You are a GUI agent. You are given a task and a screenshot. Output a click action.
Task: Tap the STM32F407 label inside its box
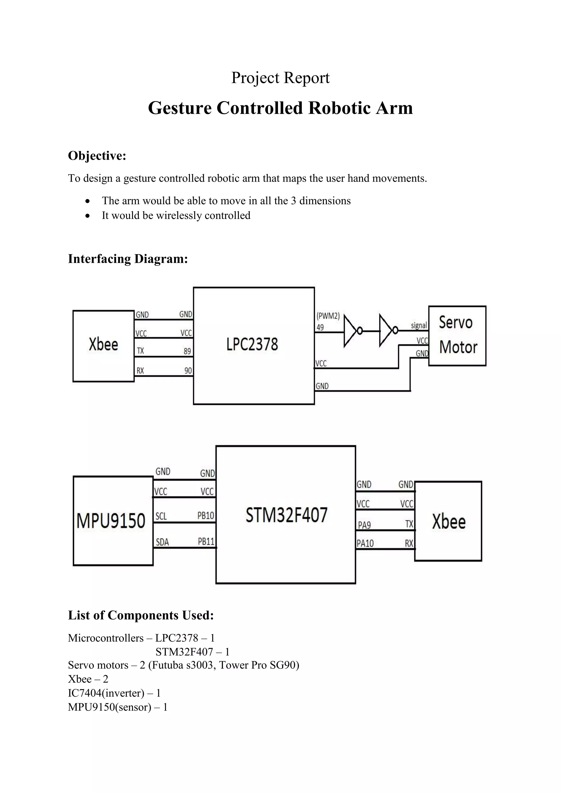[x=286, y=515]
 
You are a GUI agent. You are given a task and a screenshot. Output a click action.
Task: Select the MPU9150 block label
[x=111, y=521]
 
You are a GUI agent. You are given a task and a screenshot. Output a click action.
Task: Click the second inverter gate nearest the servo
[x=387, y=331]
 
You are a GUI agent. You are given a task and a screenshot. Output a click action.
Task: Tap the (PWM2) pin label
[x=328, y=316]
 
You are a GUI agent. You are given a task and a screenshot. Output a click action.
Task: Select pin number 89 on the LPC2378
[x=187, y=351]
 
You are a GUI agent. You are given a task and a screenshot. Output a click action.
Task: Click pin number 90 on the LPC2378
[x=188, y=370]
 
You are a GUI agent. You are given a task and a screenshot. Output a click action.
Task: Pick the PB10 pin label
[x=206, y=516]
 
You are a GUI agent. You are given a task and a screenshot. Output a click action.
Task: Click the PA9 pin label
[x=364, y=525]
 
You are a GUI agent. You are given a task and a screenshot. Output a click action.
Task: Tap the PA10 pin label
[x=365, y=544]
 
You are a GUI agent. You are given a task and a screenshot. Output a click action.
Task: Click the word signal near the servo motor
[x=419, y=325]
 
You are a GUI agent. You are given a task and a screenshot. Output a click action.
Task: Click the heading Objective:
[x=97, y=156]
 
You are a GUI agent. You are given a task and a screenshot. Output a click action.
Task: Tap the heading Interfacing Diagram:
[x=128, y=259]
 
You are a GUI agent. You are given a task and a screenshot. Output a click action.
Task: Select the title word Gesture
[x=180, y=108]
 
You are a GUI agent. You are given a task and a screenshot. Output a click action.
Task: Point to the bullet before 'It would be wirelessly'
[x=88, y=216]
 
